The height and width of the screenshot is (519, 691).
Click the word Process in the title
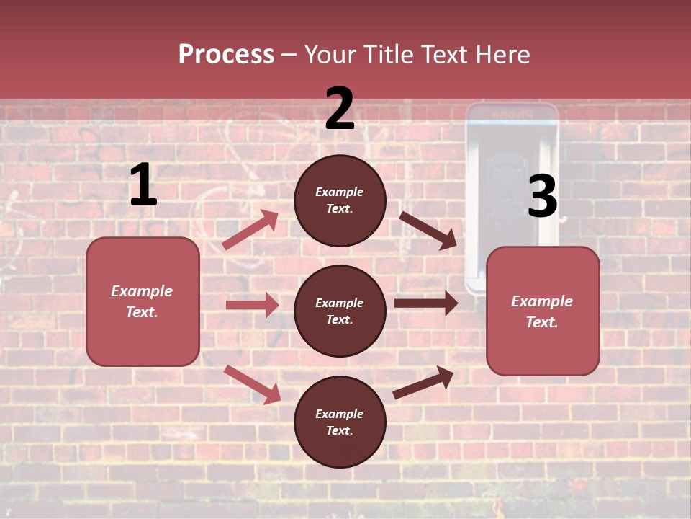pyautogui.click(x=226, y=54)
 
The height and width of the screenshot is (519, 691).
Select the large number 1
pyautogui.click(x=143, y=185)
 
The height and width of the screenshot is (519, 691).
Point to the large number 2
pyautogui.click(x=340, y=109)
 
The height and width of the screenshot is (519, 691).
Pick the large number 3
pyautogui.click(x=542, y=197)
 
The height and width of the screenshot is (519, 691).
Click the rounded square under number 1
pyautogui.click(x=143, y=301)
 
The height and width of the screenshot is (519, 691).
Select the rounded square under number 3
pyautogui.click(x=543, y=311)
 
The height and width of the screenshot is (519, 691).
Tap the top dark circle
pyautogui.click(x=340, y=200)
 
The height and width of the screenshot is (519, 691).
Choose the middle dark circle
pyautogui.click(x=340, y=311)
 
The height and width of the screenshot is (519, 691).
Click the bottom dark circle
pyautogui.click(x=340, y=422)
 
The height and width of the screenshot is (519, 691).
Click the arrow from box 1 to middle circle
pyautogui.click(x=252, y=305)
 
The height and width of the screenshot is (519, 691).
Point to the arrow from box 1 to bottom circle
pyautogui.click(x=252, y=383)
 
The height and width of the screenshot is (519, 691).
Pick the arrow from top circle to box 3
pyautogui.click(x=428, y=230)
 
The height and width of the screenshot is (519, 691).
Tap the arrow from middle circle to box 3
pyautogui.click(x=426, y=303)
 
